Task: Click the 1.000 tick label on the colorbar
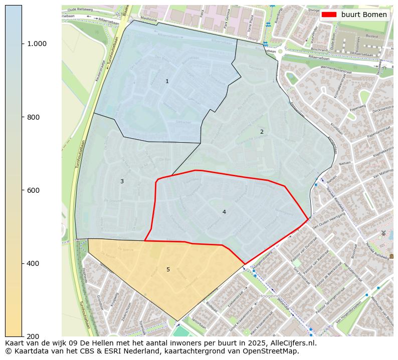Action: (x=37, y=44)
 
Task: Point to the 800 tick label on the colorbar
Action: (x=33, y=117)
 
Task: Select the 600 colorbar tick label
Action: (x=33, y=190)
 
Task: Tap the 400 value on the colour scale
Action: (x=33, y=263)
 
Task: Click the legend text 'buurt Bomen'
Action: (x=364, y=15)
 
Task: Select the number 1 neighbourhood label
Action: (x=167, y=81)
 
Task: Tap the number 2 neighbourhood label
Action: (x=261, y=132)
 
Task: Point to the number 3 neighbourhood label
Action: (x=121, y=181)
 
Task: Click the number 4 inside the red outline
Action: (x=224, y=212)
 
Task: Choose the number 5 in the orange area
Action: (x=168, y=269)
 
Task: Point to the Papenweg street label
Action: (x=357, y=107)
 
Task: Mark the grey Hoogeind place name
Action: (x=269, y=296)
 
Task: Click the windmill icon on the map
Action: (x=383, y=233)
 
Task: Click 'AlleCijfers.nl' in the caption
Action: (x=291, y=343)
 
